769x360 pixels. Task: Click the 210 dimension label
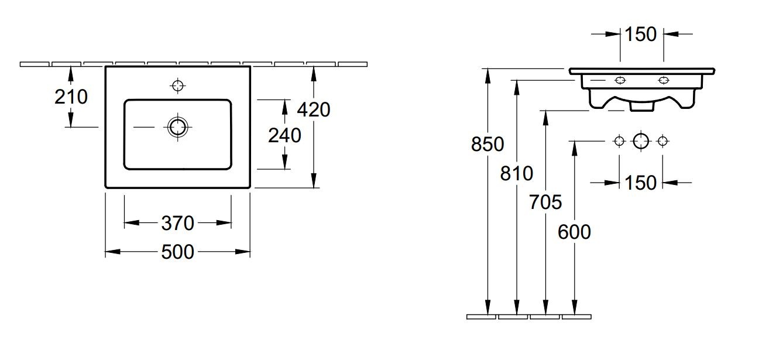click(71, 97)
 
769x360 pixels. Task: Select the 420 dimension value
click(314, 110)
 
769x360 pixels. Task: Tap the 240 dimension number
click(284, 135)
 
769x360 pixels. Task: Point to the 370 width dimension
click(178, 223)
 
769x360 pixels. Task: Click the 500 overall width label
click(178, 252)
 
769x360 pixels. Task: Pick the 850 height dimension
click(488, 144)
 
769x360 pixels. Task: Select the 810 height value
click(517, 173)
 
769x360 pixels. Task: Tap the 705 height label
click(545, 202)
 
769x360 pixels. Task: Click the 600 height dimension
click(574, 232)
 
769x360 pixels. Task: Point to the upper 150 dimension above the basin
click(641, 35)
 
